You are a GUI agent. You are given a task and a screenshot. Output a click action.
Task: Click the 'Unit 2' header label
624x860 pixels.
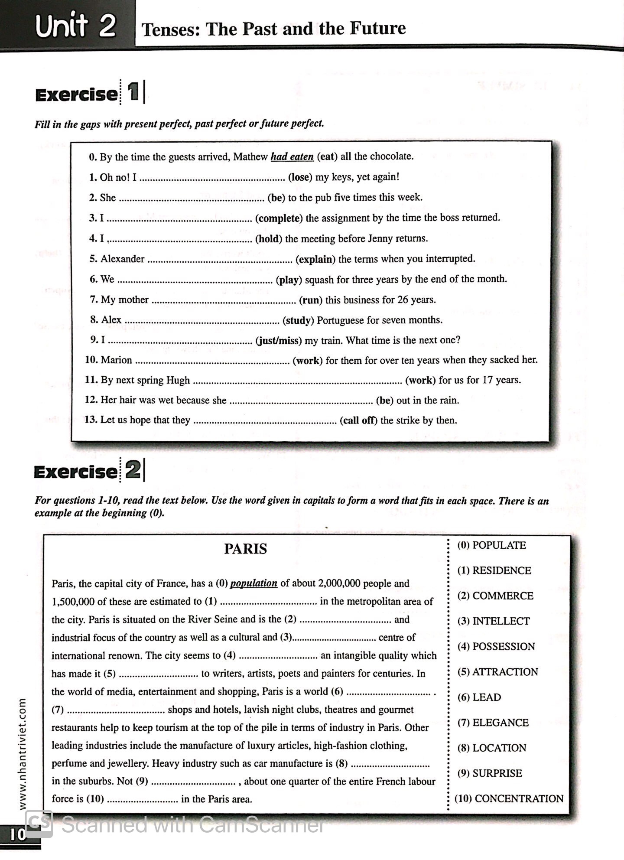coord(76,26)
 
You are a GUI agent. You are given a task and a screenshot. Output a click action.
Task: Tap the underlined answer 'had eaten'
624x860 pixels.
coord(292,156)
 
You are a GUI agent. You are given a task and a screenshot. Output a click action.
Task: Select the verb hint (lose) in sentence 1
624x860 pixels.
coord(300,177)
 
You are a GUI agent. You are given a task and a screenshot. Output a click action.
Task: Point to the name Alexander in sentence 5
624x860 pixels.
coord(122,259)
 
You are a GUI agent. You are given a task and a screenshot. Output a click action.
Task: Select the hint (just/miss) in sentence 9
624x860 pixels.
coord(279,340)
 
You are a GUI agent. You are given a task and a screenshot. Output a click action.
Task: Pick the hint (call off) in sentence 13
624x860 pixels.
coord(358,420)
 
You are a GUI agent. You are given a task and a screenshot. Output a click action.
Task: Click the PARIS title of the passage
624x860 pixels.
coord(245,549)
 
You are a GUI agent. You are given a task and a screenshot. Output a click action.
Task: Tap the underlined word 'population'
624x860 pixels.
coord(253,583)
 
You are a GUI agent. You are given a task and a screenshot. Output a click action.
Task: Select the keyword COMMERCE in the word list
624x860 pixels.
coord(503,596)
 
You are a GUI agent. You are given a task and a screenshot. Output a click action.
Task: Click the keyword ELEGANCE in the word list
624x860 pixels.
coord(500,723)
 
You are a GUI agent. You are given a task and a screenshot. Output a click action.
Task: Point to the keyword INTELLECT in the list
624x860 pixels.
coord(501,621)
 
